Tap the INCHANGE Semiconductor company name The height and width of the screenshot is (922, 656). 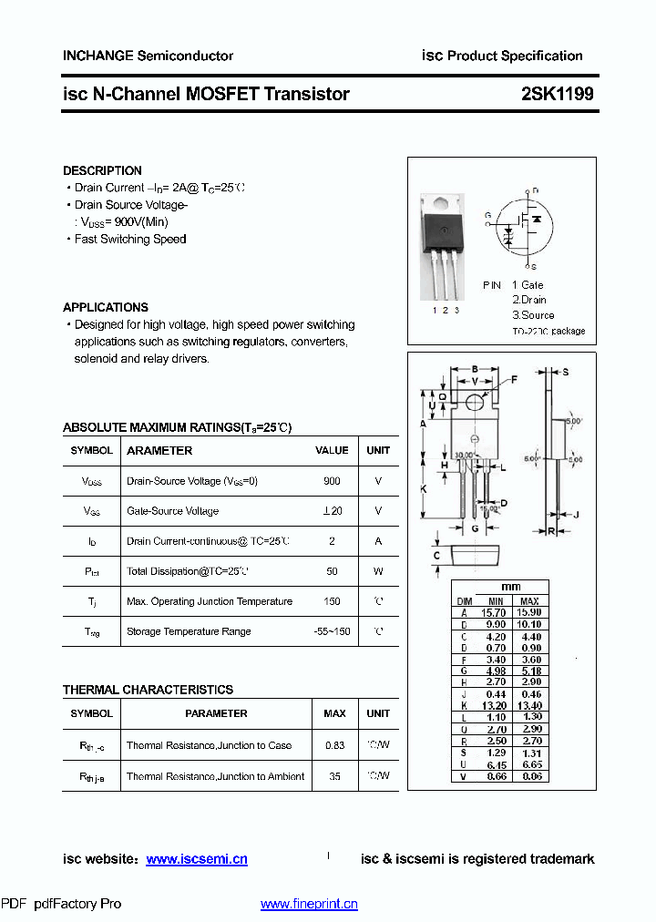[148, 56]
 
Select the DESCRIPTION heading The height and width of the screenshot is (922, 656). [102, 170]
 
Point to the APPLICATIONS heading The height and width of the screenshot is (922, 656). [106, 307]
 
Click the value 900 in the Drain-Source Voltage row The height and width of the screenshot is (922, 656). [332, 481]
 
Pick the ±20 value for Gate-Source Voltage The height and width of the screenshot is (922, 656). [332, 511]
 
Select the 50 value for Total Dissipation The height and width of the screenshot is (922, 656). [332, 571]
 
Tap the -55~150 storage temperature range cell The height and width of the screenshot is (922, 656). [332, 631]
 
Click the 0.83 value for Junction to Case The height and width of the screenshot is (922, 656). [334, 745]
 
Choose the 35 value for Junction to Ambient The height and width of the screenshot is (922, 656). [334, 776]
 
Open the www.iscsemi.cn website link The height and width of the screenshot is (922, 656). [197, 859]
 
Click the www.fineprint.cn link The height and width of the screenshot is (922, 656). [309, 904]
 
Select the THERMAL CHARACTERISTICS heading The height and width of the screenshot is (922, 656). [148, 690]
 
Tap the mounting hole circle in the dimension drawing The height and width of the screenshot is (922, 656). [475, 402]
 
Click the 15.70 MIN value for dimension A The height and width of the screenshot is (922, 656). [496, 613]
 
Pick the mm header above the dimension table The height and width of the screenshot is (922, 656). [511, 588]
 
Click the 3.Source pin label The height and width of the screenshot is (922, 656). [533, 314]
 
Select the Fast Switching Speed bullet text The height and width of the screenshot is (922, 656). [130, 239]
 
